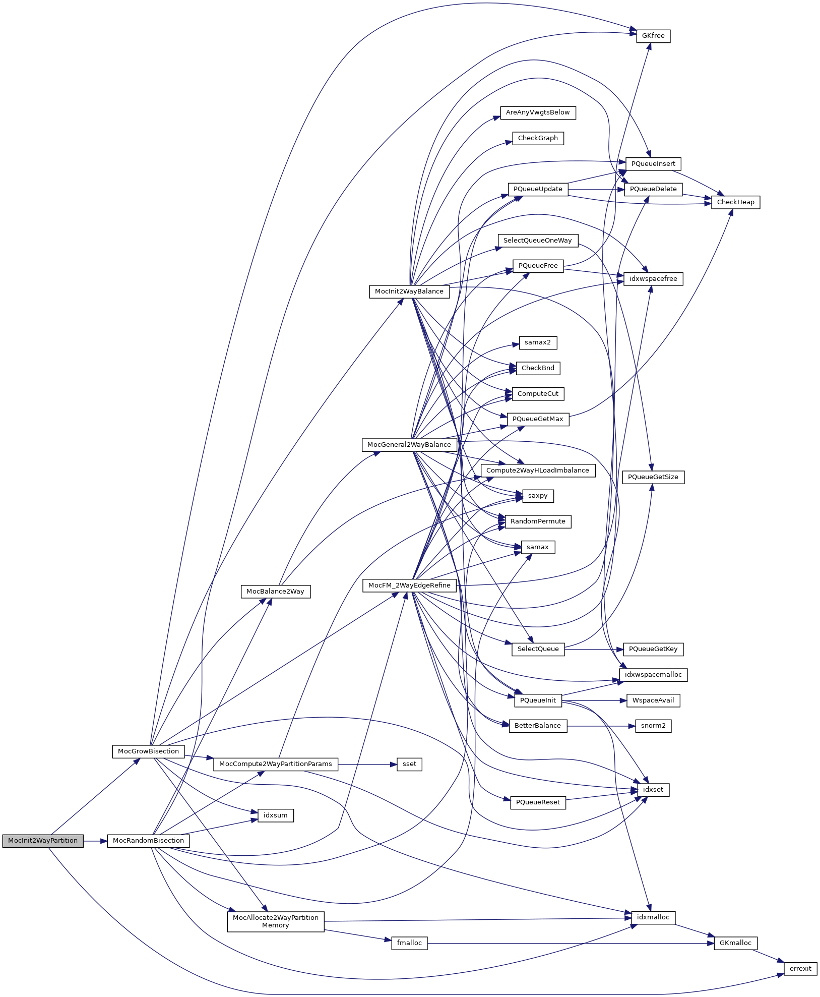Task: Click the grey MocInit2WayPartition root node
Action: (43, 841)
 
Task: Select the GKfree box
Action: (653, 36)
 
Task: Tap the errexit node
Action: (800, 968)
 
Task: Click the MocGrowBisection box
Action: (148, 751)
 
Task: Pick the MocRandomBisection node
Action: (148, 841)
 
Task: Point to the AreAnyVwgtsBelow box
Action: (537, 112)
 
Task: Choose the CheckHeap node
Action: (735, 202)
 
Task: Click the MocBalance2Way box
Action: (275, 592)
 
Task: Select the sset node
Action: (409, 764)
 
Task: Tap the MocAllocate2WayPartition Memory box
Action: (275, 921)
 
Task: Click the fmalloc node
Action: (409, 943)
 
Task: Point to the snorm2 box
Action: (653, 726)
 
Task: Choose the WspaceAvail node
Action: (653, 700)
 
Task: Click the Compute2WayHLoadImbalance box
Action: (537, 471)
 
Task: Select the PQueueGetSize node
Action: (653, 477)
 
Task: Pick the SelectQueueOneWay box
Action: (537, 241)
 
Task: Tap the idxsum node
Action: (275, 815)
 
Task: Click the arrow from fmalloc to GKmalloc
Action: (570, 943)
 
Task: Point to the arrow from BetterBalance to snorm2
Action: (600, 726)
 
